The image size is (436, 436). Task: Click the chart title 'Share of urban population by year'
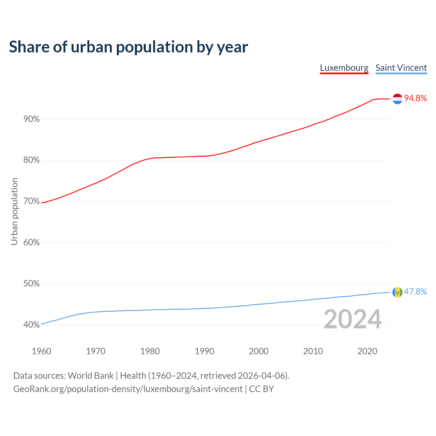[128, 47]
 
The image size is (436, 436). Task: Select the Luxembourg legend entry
[344, 68]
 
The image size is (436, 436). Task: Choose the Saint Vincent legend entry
[401, 68]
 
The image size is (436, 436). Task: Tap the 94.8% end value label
[415, 98]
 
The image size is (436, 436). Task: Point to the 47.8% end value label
[415, 292]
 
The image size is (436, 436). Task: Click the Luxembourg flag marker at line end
[398, 99]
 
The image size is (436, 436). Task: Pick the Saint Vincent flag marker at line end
[397, 292]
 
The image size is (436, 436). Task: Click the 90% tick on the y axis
[31, 119]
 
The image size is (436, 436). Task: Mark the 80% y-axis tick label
[31, 160]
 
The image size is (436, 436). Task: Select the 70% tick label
[31, 201]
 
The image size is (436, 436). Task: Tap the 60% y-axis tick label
[31, 243]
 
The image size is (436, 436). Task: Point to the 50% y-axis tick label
[31, 284]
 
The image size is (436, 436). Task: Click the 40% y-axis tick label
[31, 325]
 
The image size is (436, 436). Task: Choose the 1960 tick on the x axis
[41, 351]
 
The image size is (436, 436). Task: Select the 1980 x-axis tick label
[150, 351]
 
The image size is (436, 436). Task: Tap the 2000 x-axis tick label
[259, 351]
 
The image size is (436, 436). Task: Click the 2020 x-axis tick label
[367, 351]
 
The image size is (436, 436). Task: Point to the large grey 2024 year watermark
[352, 319]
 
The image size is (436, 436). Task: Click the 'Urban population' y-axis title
[14, 211]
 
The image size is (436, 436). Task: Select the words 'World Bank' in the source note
[91, 376]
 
